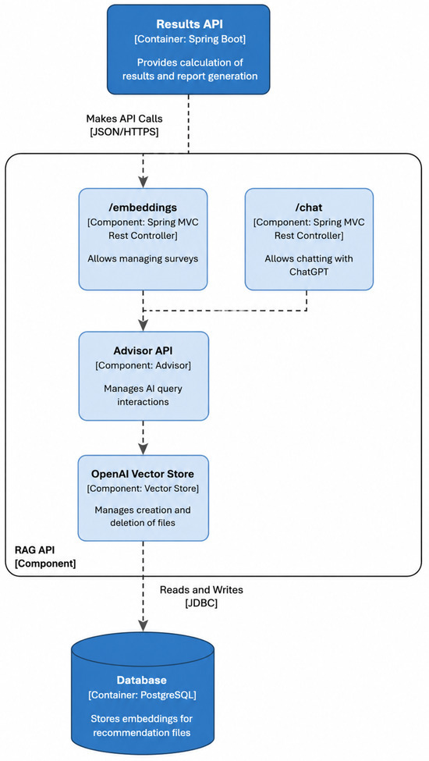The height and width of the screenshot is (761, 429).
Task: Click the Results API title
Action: click(x=190, y=24)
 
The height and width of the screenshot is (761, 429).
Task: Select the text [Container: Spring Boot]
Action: click(x=190, y=40)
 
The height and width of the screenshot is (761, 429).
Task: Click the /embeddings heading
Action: click(x=143, y=208)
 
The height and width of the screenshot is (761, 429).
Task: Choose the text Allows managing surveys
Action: click(x=143, y=258)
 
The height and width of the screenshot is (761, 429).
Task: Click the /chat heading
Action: click(x=309, y=208)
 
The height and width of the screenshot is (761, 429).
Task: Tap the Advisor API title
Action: click(x=144, y=350)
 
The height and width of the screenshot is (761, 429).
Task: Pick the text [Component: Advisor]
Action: click(x=144, y=365)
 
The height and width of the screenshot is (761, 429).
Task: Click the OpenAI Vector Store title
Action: click(x=143, y=474)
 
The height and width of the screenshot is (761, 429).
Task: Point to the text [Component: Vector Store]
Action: click(x=143, y=489)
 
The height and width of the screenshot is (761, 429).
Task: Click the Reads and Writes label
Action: click(x=201, y=590)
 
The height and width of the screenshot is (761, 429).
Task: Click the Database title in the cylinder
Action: click(x=141, y=680)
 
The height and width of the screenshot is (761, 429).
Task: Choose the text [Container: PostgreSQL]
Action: click(x=142, y=695)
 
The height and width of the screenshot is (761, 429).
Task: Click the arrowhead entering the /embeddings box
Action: click(x=143, y=183)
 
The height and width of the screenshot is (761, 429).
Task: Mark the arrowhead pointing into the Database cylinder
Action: click(x=143, y=623)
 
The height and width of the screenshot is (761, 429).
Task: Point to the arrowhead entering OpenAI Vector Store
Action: click(x=143, y=449)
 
